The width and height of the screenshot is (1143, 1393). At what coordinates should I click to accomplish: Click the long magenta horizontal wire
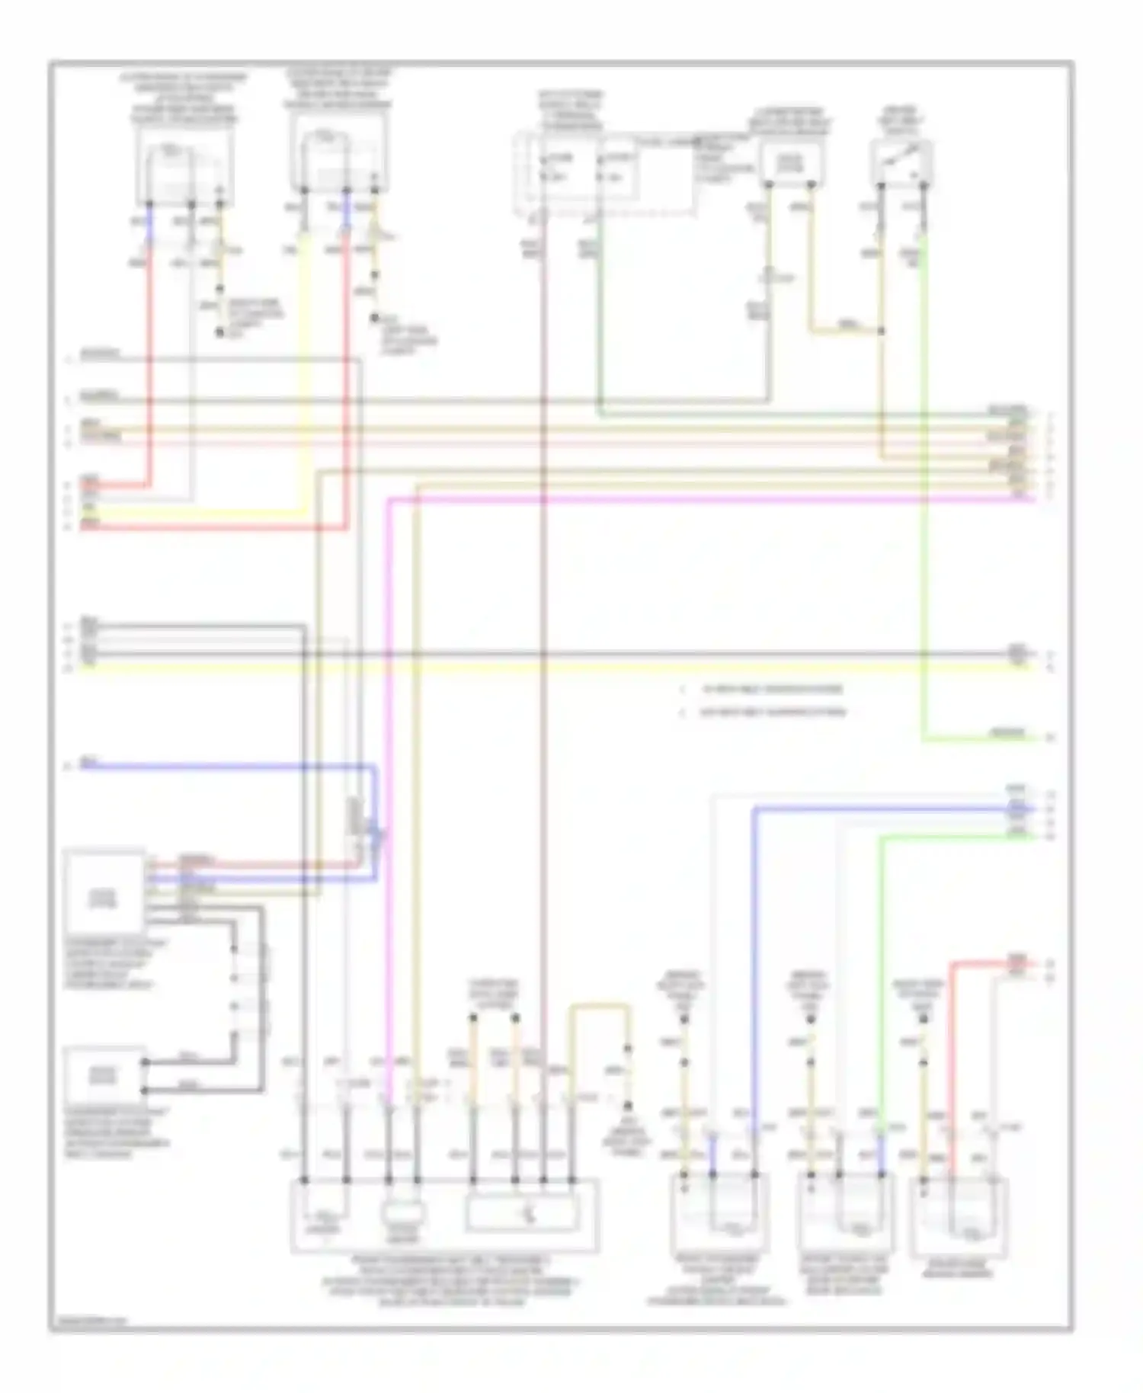tap(686, 500)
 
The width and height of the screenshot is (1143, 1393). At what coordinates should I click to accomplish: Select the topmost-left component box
tap(185, 167)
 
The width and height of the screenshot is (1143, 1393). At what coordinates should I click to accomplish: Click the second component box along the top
tap(338, 160)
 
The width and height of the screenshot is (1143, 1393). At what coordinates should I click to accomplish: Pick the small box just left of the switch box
tap(790, 162)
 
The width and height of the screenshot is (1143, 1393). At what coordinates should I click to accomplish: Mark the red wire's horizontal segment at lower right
tap(991, 963)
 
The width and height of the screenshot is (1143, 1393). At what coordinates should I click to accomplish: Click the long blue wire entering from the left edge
tap(229, 766)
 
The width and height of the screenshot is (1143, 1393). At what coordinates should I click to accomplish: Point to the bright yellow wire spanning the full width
tap(533, 668)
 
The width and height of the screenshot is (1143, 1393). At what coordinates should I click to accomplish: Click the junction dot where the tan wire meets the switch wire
tap(882, 331)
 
